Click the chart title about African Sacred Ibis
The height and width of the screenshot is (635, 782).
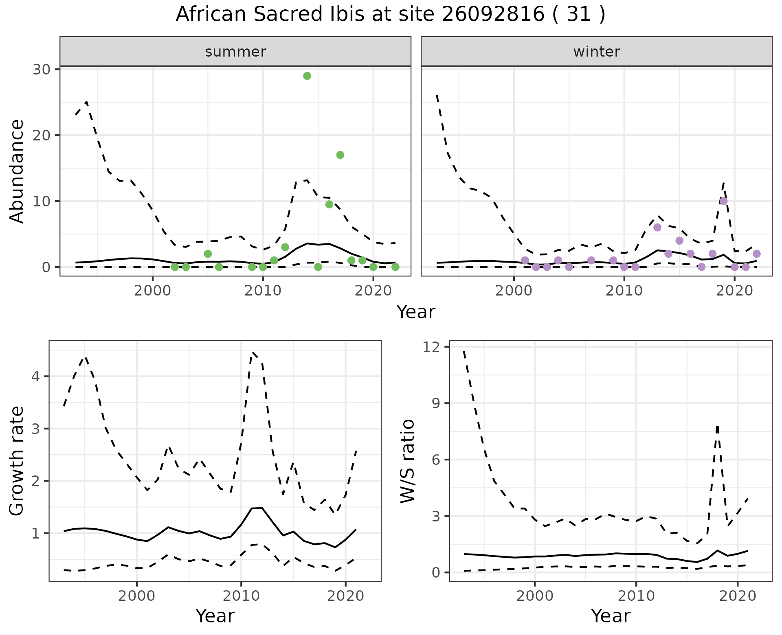pos(390,15)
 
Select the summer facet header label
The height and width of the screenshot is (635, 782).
pos(235,52)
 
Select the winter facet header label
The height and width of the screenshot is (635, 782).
pos(596,52)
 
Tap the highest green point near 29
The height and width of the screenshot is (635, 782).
pos(307,76)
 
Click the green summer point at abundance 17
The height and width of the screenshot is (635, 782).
pos(340,155)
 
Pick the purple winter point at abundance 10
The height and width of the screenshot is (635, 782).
pos(723,201)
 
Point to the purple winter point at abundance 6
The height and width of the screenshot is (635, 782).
pos(657,228)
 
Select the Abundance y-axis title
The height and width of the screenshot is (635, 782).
pos(17,171)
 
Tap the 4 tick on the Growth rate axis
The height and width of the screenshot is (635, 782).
pos(37,377)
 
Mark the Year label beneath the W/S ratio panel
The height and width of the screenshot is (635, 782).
pos(610,616)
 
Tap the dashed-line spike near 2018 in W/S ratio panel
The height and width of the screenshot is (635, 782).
pos(717,427)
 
